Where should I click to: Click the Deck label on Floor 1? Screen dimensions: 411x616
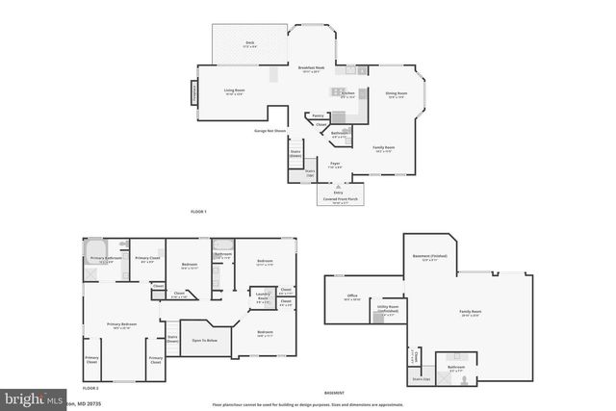pos(249,43)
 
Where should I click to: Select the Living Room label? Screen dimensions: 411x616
pos(235,91)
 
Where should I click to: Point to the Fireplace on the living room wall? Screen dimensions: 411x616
pos(194,93)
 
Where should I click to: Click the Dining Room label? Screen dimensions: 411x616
pos(396,93)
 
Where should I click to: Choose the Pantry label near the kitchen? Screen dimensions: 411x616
pos(317,115)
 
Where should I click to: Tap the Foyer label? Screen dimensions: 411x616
pos(336,164)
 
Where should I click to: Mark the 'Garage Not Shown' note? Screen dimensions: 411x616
pos(270,130)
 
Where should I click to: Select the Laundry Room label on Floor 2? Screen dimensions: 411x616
pos(262,296)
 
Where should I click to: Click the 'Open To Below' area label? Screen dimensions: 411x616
pos(204,340)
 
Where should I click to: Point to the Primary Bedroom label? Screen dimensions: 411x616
pos(121,324)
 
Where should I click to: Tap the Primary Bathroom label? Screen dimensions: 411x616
pos(105,258)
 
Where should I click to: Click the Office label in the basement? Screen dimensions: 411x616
pos(353,295)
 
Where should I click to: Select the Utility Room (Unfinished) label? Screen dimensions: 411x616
pos(388,310)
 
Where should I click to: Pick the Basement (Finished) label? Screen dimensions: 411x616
pos(430,257)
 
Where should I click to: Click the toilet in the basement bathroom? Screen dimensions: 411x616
pos(463,378)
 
